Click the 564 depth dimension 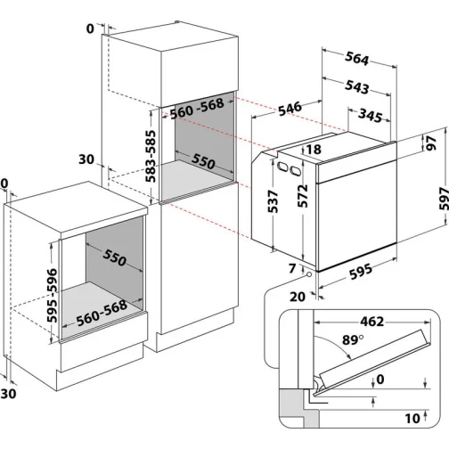(356, 60)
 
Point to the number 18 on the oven (314, 150)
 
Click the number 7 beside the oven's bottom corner (292, 268)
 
